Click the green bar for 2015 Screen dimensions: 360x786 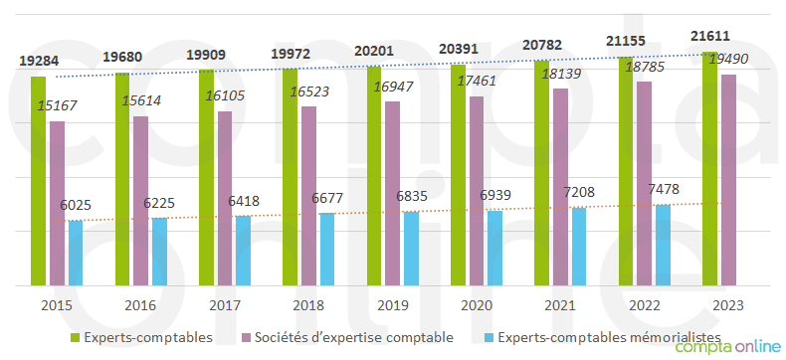pos(38,180)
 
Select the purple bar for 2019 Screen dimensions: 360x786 pos(393,193)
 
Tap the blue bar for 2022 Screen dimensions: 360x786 pos(663,245)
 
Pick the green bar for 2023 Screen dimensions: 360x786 pos(709,168)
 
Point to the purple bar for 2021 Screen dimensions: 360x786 pos(561,186)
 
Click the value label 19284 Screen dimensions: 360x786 pos(38,62)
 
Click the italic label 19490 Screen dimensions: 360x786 pos(728,60)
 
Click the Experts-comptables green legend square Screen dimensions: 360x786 pos(75,338)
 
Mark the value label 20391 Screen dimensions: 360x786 pos(458,50)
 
